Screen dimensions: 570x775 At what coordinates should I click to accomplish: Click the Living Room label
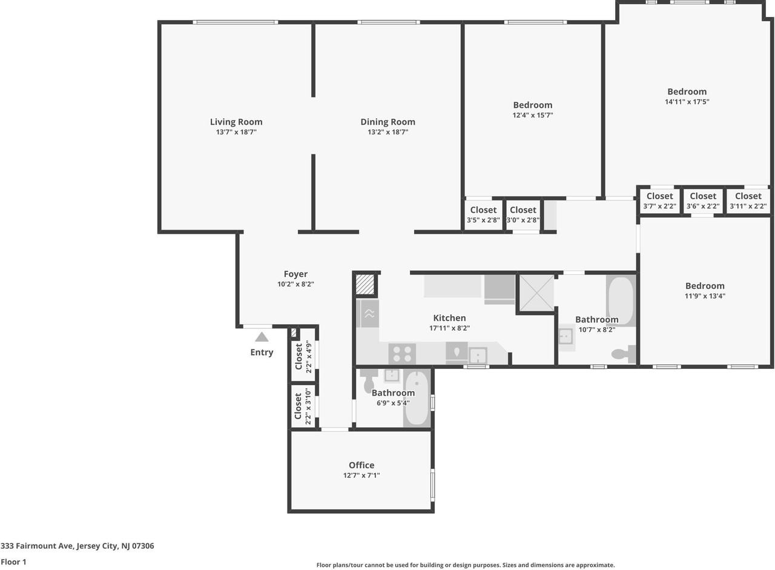(x=236, y=122)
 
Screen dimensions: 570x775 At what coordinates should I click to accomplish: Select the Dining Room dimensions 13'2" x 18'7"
(x=387, y=132)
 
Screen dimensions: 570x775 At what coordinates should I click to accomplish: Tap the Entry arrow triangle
(x=262, y=337)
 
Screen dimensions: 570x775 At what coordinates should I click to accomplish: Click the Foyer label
(x=295, y=274)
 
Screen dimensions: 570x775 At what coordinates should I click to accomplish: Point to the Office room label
(x=361, y=465)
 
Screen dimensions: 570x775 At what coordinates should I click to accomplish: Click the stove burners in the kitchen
(x=402, y=354)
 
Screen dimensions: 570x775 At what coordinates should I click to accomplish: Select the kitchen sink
(x=478, y=354)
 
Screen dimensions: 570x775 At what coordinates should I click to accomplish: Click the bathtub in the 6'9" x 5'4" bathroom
(x=416, y=398)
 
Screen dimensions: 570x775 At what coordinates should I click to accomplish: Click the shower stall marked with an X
(x=536, y=293)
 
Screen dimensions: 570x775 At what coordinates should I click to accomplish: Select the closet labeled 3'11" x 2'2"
(x=748, y=200)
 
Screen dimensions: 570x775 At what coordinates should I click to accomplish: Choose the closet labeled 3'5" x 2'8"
(x=483, y=214)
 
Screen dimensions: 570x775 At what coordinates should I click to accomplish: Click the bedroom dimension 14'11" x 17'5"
(x=687, y=102)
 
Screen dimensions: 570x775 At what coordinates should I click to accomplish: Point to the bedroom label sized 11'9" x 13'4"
(x=705, y=286)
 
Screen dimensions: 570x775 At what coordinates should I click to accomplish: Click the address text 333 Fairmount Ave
(x=77, y=546)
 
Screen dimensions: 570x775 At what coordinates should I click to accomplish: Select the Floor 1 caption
(x=13, y=562)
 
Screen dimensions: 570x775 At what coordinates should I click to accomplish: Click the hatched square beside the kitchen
(x=365, y=284)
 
